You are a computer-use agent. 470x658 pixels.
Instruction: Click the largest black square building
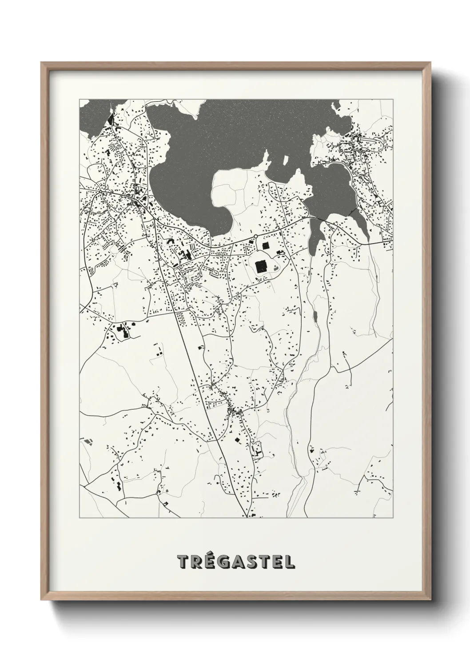[x=260, y=266]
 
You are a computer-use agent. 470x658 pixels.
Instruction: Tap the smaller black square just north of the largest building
[x=266, y=245]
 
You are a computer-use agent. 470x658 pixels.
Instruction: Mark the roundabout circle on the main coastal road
[x=256, y=236]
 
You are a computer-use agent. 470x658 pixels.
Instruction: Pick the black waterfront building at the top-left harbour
[x=110, y=119]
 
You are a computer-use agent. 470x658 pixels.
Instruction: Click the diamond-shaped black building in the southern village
[x=237, y=440]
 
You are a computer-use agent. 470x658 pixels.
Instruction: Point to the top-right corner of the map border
[x=392, y=100]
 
